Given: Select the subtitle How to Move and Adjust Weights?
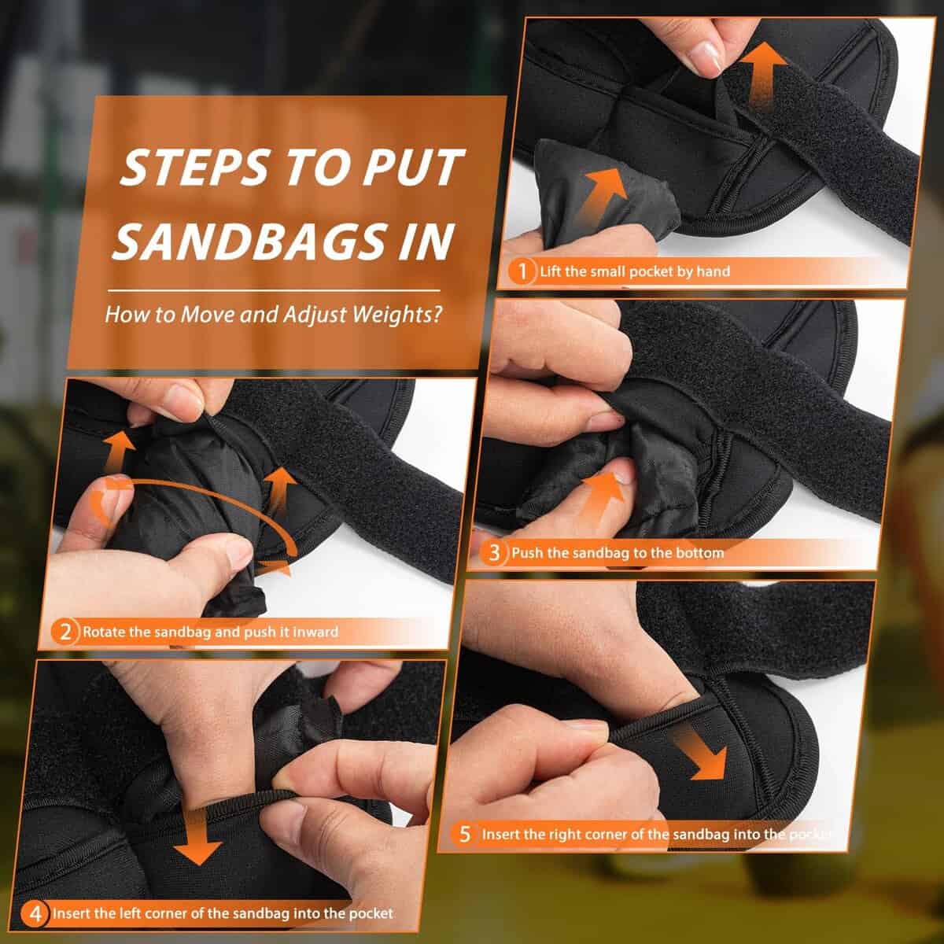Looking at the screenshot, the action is click(x=274, y=314).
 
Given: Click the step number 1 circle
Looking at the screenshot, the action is click(x=522, y=271).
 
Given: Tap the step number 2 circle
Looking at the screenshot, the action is click(x=65, y=632).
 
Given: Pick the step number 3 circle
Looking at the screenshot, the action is click(x=494, y=552).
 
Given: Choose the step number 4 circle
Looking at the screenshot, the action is click(x=35, y=913).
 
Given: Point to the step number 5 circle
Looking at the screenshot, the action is click(x=464, y=834).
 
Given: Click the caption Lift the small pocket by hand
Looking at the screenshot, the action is click(x=635, y=271).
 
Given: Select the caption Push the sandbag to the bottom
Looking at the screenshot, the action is click(x=618, y=552).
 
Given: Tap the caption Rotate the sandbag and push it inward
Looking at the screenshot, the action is click(x=211, y=632).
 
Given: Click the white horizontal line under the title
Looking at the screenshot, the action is click(x=274, y=290).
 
